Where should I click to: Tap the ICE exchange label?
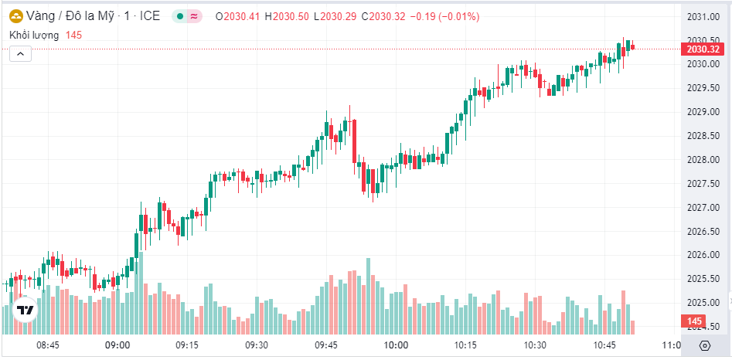pos(150,16)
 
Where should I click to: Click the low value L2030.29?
pos(340,16)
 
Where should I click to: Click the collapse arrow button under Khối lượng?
pos(20,53)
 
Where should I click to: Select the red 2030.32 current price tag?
pos(703,49)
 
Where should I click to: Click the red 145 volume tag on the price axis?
pos(694,321)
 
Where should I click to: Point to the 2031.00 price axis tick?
pos(703,16)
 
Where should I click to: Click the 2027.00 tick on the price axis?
pos(703,207)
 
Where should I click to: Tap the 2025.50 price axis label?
pos(703,279)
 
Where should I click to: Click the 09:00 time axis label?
pos(117,345)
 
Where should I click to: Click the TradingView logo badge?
pos(26,310)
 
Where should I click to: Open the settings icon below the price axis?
pos(704,345)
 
